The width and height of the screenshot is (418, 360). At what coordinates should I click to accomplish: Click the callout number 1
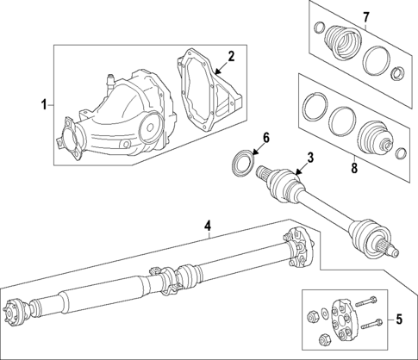[44, 105]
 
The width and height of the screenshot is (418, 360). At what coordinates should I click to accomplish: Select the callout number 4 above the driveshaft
[207, 227]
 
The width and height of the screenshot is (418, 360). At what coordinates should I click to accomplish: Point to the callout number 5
[399, 320]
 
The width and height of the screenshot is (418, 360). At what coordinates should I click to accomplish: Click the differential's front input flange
[68, 143]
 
